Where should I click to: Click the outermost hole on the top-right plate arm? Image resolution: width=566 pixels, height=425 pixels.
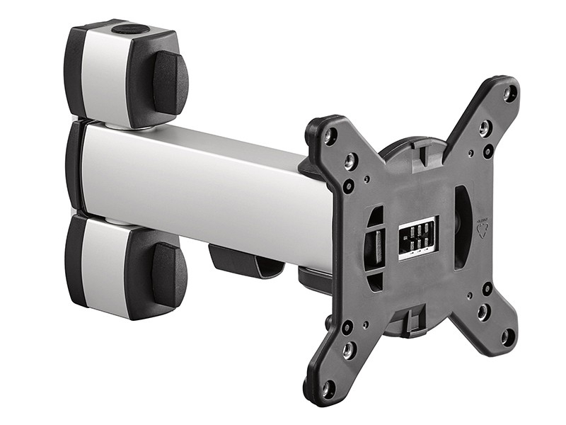(509, 92)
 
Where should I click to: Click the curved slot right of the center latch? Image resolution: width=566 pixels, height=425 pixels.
(461, 227)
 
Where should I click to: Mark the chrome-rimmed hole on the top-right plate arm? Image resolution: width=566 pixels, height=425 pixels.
(485, 128)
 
